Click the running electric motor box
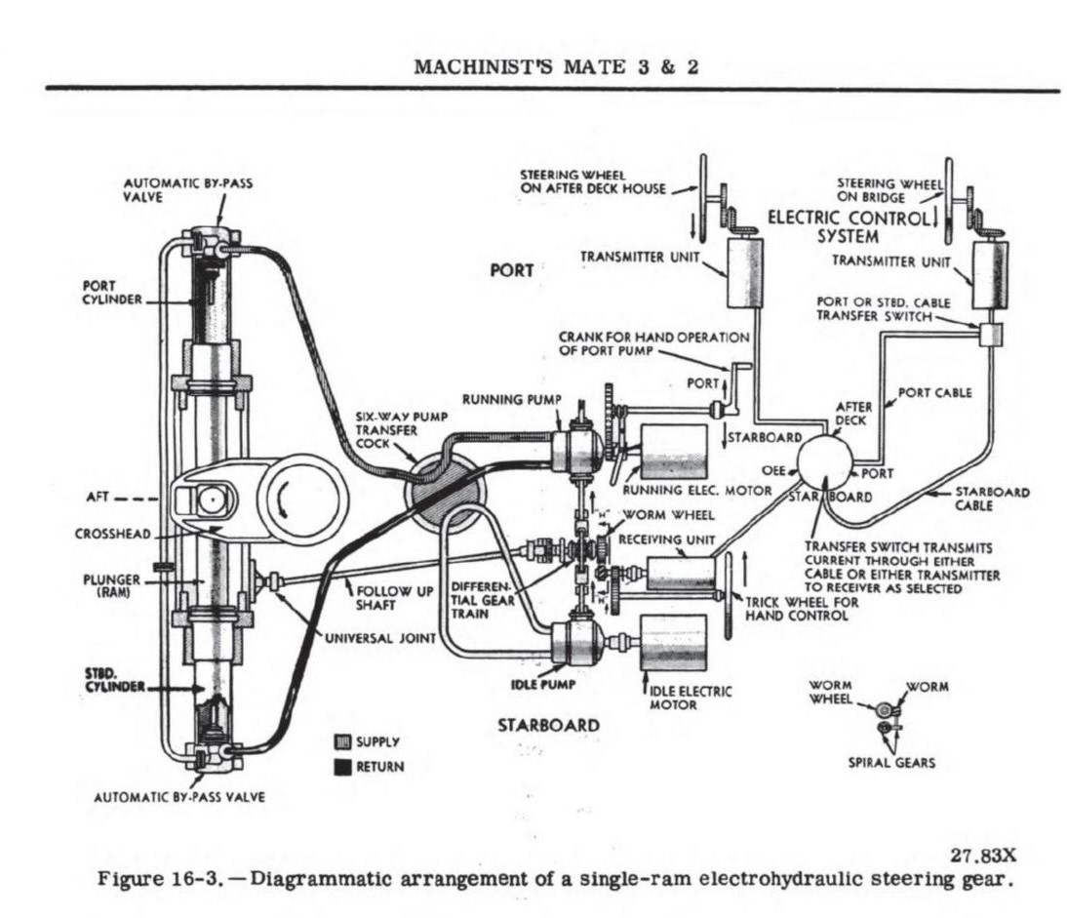(x=672, y=452)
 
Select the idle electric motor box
(x=672, y=644)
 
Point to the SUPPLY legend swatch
(x=342, y=742)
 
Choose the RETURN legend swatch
(x=342, y=767)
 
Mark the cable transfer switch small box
(x=990, y=333)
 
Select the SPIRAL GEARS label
(x=890, y=762)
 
